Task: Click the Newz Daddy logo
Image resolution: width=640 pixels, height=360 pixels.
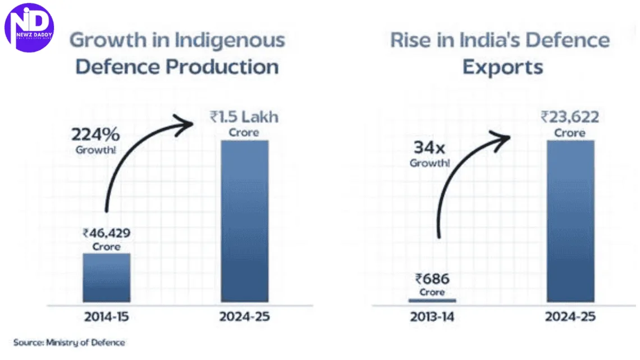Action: (x=29, y=26)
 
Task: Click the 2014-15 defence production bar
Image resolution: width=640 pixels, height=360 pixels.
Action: (x=107, y=277)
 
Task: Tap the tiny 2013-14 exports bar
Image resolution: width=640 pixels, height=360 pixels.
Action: (x=432, y=300)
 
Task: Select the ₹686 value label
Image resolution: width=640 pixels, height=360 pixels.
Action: (x=432, y=279)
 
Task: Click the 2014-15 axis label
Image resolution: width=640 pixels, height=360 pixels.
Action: (x=107, y=317)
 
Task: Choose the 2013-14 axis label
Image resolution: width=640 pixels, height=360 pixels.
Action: (x=432, y=317)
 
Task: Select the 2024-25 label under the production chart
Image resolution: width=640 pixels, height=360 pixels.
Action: (x=245, y=317)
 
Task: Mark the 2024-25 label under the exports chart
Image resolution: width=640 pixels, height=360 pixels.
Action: (x=570, y=317)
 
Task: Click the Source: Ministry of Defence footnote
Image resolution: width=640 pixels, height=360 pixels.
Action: (x=70, y=342)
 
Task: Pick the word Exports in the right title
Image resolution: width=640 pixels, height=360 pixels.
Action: (x=502, y=67)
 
